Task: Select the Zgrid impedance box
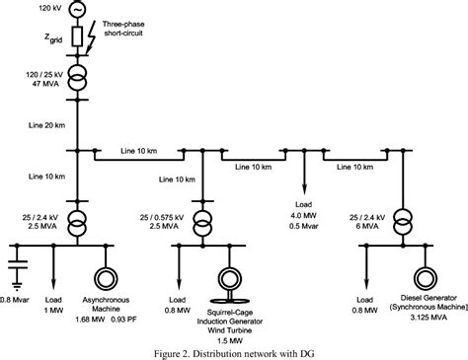click(x=78, y=39)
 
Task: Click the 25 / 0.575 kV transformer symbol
click(x=204, y=218)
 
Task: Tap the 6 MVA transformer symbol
click(x=402, y=218)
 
